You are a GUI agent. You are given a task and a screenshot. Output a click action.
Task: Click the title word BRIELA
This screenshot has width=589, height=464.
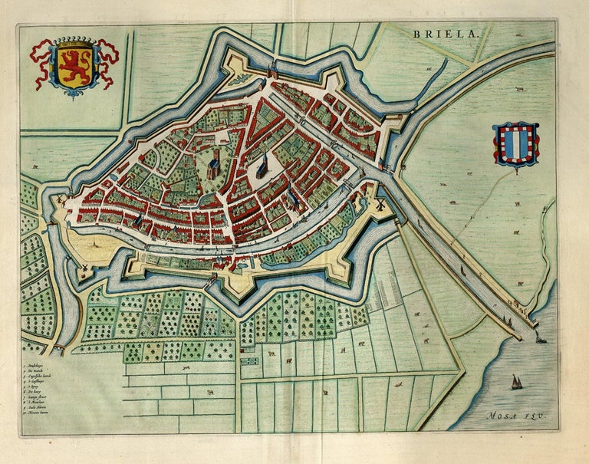click(x=445, y=34)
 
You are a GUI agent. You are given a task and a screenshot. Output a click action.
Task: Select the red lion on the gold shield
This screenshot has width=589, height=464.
click(x=74, y=66)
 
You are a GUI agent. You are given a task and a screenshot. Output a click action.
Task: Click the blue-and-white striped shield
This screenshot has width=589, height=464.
click(x=516, y=143)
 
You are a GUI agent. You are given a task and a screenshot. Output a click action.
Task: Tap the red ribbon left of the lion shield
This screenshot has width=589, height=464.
click(x=38, y=55)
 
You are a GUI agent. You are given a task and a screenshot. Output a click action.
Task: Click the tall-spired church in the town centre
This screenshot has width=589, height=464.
click(x=262, y=163)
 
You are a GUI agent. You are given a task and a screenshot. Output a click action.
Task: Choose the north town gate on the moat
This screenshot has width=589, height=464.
click(x=271, y=71)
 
